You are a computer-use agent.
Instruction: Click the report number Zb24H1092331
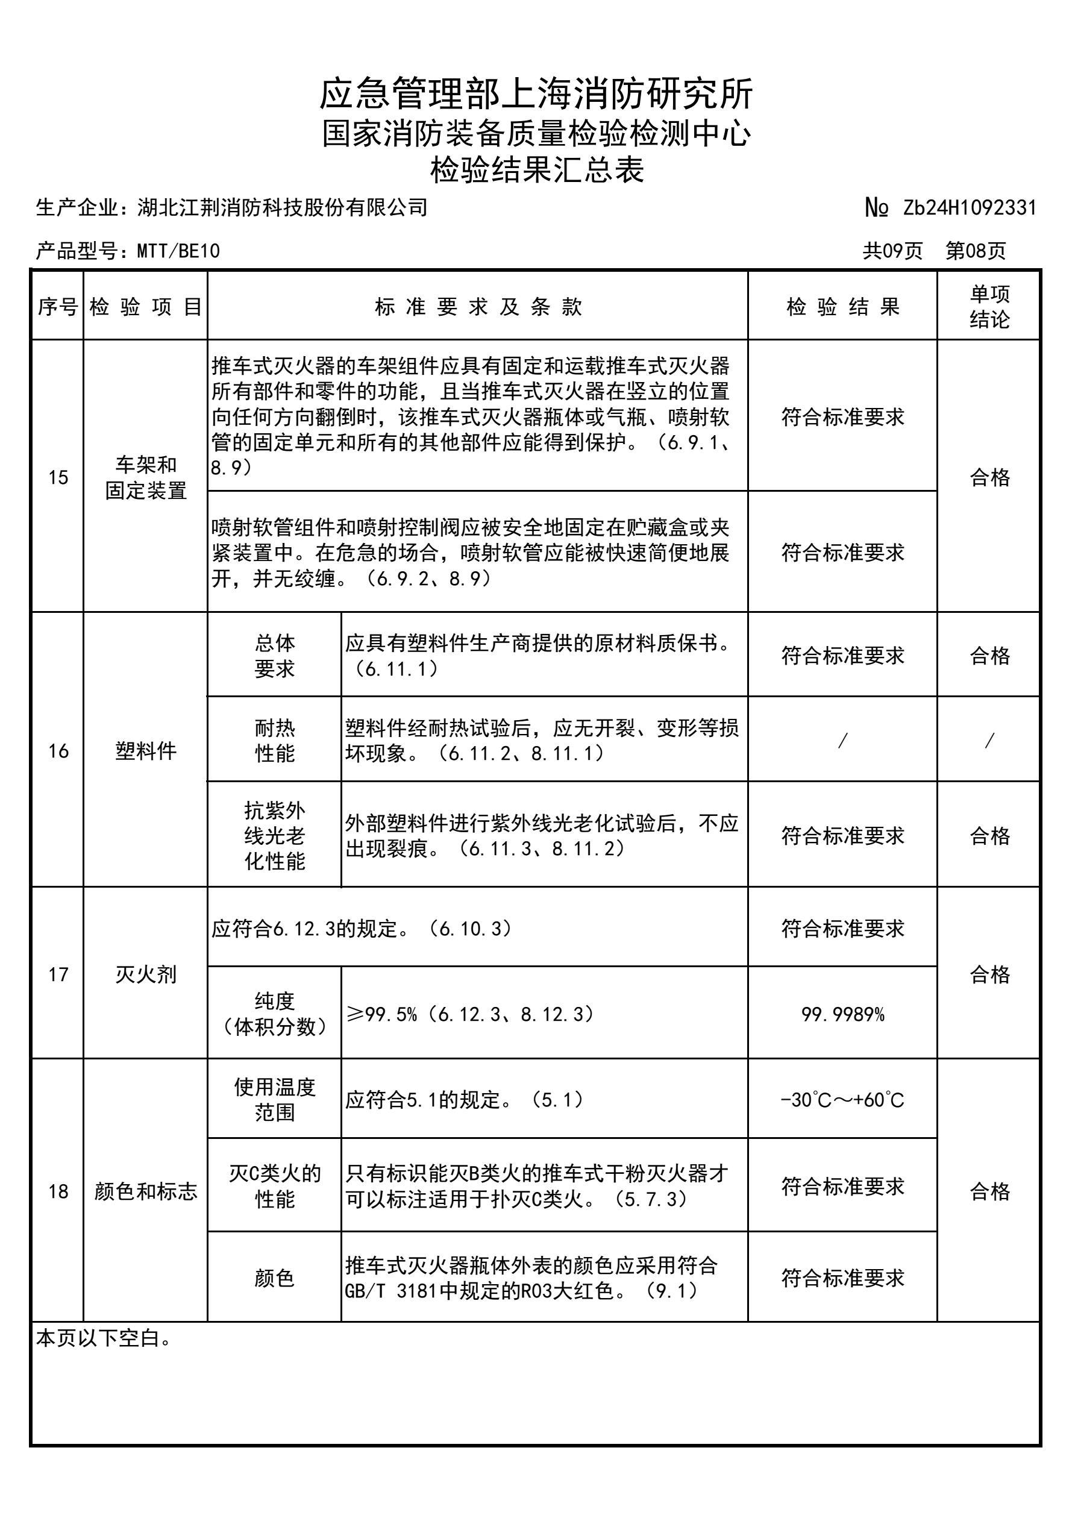tap(969, 208)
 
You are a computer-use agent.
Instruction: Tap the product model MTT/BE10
tap(178, 251)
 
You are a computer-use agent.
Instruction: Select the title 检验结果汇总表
tap(536, 169)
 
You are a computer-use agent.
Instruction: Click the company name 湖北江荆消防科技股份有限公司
tap(283, 208)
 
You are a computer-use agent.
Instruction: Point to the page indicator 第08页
tap(975, 251)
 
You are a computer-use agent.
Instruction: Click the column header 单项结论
tap(989, 307)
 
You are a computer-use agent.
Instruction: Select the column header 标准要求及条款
tap(478, 307)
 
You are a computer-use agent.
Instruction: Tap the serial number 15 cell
tap(58, 477)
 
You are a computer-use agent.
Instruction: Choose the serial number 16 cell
tap(58, 751)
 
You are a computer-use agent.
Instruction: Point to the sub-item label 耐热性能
tap(274, 741)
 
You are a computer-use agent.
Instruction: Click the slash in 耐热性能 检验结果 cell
tap(842, 741)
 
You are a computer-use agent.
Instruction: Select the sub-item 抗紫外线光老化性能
tap(274, 835)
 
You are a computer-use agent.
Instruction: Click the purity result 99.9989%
tap(842, 1014)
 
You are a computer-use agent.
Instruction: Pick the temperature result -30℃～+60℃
tap(842, 1100)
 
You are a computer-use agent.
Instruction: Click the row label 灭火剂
tap(145, 974)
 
